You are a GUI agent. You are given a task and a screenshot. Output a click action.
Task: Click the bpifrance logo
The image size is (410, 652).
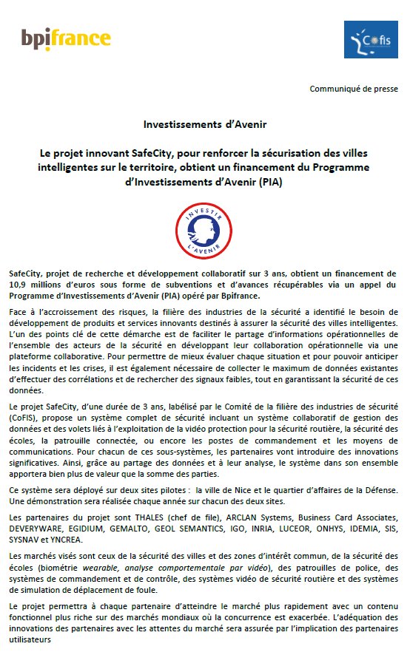[x=66, y=38]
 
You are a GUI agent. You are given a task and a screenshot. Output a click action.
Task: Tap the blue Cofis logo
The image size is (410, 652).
[x=371, y=39]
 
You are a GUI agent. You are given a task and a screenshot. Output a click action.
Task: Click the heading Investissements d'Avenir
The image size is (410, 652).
[x=204, y=124]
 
